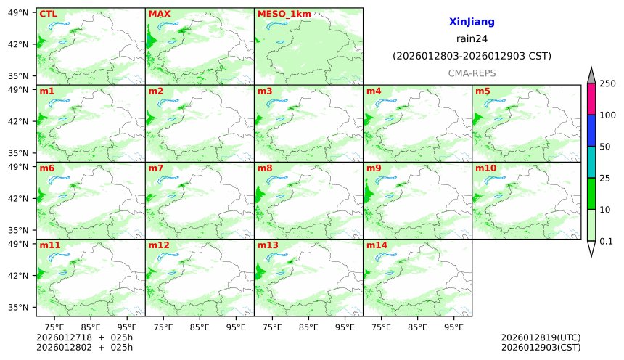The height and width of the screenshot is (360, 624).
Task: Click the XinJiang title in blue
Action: [x=472, y=22]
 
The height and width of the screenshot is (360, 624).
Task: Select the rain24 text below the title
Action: [x=472, y=38]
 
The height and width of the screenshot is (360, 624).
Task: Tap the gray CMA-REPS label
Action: [x=472, y=73]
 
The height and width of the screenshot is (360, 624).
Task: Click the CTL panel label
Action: [x=48, y=14]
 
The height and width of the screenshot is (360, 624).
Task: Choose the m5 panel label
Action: [x=483, y=91]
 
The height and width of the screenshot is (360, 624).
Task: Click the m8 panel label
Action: [x=265, y=168]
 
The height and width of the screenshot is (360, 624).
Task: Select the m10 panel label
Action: [x=485, y=168]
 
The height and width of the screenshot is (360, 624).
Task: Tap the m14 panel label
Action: [x=376, y=245]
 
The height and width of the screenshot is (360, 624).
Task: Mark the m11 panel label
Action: [x=49, y=245]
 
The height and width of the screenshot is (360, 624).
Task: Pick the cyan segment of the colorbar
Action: [x=591, y=162]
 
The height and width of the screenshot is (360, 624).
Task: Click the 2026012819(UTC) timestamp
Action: [x=541, y=337]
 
